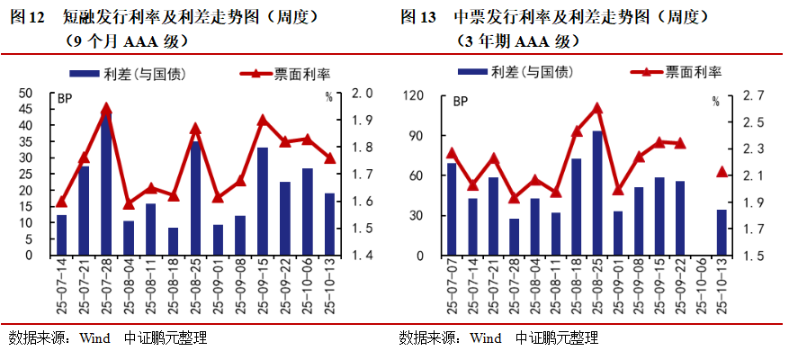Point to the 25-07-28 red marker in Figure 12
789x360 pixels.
coord(106,109)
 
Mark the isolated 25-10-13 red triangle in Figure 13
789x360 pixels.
coord(722,171)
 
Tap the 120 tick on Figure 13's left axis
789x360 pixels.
coord(414,95)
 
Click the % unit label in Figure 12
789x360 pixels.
coord(329,97)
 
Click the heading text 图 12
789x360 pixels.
coord(26,17)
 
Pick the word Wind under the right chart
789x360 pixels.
coord(486,338)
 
